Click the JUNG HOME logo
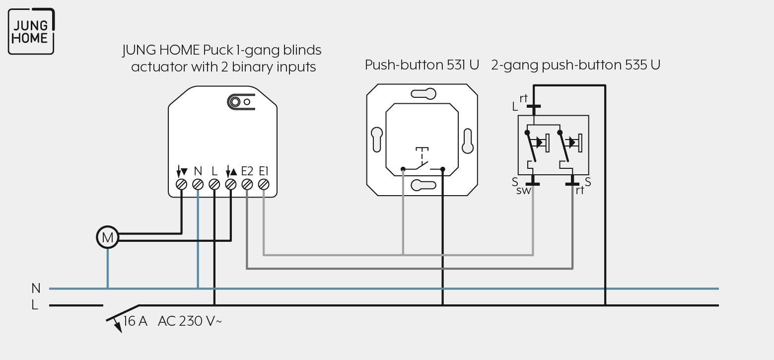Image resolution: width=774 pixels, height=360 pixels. click(x=31, y=31)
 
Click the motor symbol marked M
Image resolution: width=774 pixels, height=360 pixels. click(x=107, y=237)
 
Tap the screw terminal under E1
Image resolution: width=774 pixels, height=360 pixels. click(x=264, y=185)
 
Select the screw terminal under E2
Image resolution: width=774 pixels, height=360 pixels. click(x=247, y=185)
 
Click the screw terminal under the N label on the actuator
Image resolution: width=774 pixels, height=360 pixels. click(x=198, y=185)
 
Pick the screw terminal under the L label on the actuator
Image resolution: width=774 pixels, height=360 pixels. click(x=214, y=185)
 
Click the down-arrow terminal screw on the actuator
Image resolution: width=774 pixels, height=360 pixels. click(x=181, y=185)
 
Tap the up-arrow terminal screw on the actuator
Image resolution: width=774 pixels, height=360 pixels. click(x=231, y=185)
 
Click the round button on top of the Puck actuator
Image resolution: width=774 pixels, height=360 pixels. click(x=235, y=102)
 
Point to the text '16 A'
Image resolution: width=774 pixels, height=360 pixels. click(x=135, y=321)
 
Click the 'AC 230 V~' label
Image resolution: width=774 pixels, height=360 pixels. click(x=190, y=321)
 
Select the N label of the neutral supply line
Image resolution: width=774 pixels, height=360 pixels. click(x=36, y=288)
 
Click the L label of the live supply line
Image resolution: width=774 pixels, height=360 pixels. click(x=35, y=305)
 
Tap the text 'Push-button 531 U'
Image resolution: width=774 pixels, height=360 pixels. click(x=422, y=65)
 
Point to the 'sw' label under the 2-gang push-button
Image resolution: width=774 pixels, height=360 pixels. click(x=523, y=190)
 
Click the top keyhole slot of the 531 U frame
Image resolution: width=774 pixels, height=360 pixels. click(x=423, y=94)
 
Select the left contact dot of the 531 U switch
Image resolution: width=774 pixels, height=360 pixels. click(x=403, y=169)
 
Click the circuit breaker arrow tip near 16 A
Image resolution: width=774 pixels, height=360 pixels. click(x=121, y=332)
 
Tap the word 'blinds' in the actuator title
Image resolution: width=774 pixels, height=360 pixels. click(x=302, y=50)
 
